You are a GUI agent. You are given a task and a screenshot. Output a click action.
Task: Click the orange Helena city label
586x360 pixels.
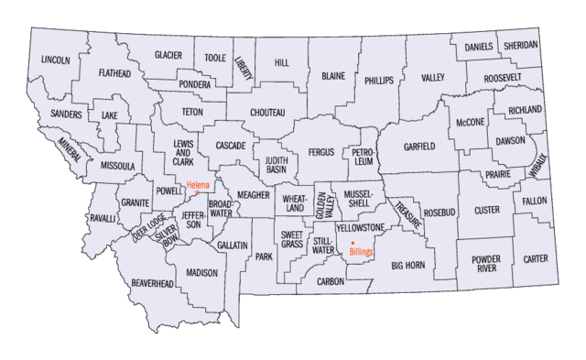pos(200,185)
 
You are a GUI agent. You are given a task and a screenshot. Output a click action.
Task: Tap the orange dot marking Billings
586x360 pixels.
pos(353,243)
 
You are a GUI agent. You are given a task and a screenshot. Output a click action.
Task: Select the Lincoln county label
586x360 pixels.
pos(55,60)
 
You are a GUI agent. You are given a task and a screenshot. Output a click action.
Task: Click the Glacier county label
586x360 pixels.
pos(168,55)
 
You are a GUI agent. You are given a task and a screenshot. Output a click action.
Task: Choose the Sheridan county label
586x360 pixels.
pos(520,45)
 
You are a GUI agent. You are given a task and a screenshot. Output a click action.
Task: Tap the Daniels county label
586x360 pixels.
pos(478,46)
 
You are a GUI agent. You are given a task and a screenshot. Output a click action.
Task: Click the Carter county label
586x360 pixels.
pos(535,259)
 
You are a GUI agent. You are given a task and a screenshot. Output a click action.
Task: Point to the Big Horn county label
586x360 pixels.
pos(409,266)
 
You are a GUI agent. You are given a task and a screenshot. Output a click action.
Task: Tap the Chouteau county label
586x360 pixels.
pos(267,113)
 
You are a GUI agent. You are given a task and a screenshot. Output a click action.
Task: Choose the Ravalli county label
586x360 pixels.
pos(103,219)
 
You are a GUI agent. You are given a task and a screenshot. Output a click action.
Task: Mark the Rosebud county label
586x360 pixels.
pos(439,213)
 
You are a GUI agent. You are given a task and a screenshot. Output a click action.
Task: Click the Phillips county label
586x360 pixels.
pos(378,81)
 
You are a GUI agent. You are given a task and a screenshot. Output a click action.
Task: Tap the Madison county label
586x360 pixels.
pos(201,273)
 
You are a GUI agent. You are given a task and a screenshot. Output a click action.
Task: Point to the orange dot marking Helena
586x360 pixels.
pos(196,192)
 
